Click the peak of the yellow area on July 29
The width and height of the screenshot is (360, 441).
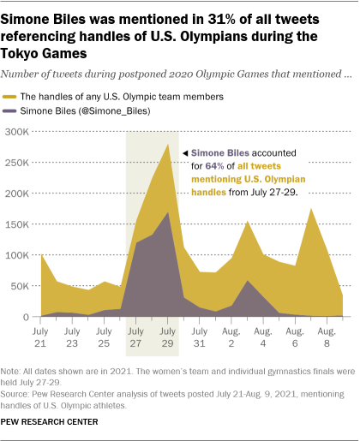point(167,145)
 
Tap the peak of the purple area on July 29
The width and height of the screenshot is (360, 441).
point(167,212)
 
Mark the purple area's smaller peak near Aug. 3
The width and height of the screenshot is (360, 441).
point(247,281)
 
